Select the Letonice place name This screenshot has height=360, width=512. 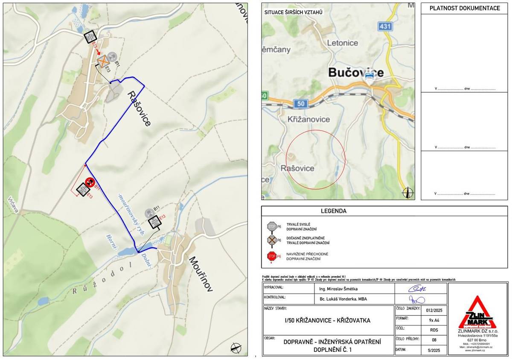[342, 43]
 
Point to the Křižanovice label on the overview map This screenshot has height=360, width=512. [308, 120]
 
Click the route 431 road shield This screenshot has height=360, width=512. [385, 26]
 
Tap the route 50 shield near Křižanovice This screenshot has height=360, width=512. [301, 103]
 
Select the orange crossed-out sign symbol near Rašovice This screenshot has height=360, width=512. [103, 62]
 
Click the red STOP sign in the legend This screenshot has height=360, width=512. [271, 256]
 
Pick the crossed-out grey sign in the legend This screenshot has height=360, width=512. [271, 240]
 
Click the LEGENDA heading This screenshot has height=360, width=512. [334, 211]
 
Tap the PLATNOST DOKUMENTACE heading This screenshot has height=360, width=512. [465, 8]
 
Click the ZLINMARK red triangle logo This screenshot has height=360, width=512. [477, 312]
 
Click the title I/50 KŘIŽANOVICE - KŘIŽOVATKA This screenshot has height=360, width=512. [328, 320]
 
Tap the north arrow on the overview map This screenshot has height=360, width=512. [408, 193]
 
